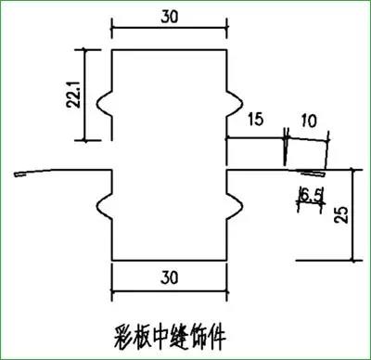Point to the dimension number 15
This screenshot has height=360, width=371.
256,118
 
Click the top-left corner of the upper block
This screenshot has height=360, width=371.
111,49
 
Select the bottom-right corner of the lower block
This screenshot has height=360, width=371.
228,261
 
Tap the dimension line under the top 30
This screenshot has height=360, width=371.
170,31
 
